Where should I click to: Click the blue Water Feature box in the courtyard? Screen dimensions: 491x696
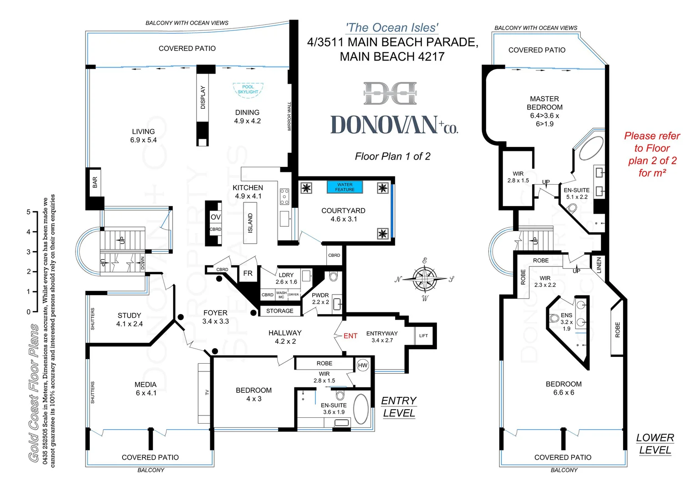tap(345, 187)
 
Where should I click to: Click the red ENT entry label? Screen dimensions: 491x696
tap(350, 336)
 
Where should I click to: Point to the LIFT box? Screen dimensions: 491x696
tap(423, 336)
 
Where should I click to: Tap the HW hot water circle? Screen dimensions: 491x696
tap(362, 366)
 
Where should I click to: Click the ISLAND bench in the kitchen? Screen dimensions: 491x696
tap(250, 223)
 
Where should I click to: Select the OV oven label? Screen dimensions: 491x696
tap(215, 217)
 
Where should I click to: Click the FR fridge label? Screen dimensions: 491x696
tap(248, 273)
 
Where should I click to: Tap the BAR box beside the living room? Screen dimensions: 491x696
tap(95, 182)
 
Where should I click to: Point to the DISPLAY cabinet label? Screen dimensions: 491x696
tap(203, 97)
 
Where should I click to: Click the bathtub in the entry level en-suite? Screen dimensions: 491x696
tap(361, 409)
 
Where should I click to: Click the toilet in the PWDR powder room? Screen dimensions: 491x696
tap(333, 276)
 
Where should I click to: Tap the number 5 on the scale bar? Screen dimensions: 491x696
tap(28, 212)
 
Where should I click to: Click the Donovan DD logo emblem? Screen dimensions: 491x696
tap(391, 93)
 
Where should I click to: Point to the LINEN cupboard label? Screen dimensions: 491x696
tap(599, 265)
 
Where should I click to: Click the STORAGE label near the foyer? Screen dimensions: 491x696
tap(279, 311)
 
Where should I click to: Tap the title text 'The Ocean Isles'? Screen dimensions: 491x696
tap(392, 28)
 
